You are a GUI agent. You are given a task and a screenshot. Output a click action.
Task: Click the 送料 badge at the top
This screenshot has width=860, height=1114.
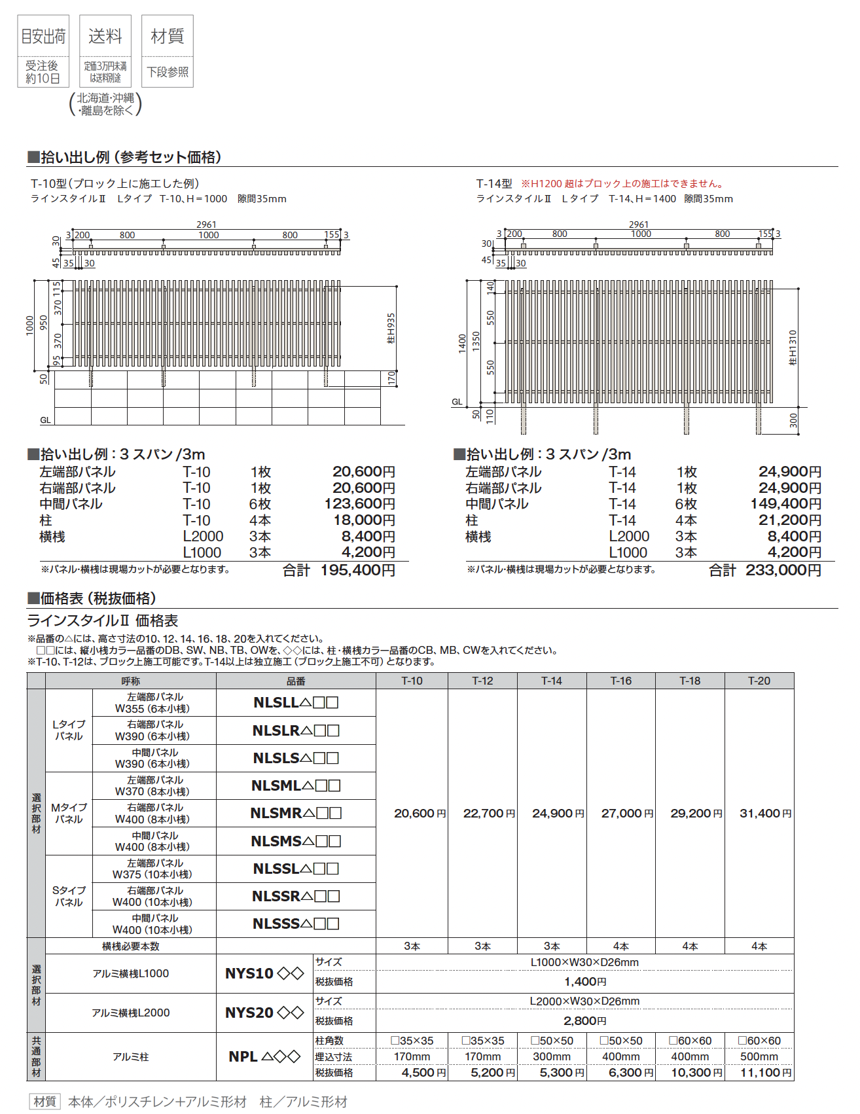coord(105,37)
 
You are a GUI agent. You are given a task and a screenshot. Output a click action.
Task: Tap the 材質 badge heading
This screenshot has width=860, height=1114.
coord(168,37)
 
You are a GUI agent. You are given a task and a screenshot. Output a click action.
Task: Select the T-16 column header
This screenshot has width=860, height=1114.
coord(620,681)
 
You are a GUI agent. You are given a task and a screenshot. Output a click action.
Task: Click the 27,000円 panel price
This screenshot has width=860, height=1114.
coord(627,814)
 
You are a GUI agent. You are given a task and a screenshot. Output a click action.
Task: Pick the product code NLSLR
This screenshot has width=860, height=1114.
coord(296,730)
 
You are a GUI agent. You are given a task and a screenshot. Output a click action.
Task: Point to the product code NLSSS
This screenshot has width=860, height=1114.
coord(296,924)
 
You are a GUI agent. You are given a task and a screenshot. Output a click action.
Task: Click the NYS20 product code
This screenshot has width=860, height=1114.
coord(264,1013)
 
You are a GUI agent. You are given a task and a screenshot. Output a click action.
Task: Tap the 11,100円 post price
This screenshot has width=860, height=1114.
coord(765,1073)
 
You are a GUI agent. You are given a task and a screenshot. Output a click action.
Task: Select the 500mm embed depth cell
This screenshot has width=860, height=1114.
coord(759,1056)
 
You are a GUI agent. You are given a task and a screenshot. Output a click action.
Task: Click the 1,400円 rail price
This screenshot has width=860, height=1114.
coord(584,982)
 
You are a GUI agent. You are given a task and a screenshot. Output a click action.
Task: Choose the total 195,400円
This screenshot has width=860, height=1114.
coord(357,571)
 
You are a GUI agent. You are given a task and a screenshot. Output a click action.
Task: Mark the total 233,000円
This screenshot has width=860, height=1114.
coord(783,571)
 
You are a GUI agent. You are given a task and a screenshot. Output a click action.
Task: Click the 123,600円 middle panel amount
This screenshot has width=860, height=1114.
coord(360,504)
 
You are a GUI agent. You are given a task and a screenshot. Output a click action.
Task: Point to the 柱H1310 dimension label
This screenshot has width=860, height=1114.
coord(793,348)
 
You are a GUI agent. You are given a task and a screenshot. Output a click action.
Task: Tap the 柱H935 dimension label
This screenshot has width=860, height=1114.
coord(391,328)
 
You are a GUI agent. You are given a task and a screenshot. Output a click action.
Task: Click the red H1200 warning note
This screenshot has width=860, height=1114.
coord(622,184)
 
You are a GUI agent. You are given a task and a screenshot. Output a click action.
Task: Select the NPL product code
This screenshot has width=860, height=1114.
coord(264,1056)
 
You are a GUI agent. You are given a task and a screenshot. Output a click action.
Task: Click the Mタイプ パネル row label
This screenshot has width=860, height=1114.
coord(69,814)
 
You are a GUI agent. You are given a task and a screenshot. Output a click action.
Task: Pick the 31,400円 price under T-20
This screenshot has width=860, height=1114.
coord(765,814)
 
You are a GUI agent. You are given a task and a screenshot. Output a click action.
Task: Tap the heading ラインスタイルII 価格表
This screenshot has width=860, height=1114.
coord(103,620)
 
